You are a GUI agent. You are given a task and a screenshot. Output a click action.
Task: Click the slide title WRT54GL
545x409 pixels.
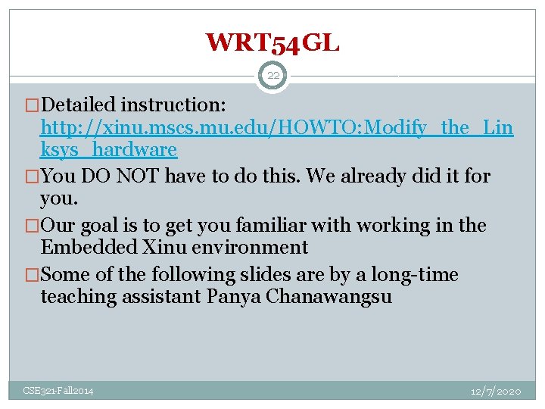point(272,42)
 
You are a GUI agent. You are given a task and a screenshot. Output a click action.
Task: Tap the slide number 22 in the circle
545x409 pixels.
point(272,76)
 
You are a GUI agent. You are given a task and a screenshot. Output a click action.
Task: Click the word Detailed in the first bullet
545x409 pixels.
point(81,104)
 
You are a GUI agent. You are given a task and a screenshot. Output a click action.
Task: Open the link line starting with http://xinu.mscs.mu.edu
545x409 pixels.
point(276,127)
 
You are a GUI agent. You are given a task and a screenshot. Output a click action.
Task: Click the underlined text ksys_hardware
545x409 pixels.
point(108,149)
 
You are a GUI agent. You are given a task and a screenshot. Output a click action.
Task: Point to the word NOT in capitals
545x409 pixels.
point(135,176)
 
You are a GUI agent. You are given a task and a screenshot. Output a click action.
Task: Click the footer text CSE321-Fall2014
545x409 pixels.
point(58,391)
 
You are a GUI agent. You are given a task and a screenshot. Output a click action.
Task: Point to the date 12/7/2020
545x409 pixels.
point(496,391)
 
